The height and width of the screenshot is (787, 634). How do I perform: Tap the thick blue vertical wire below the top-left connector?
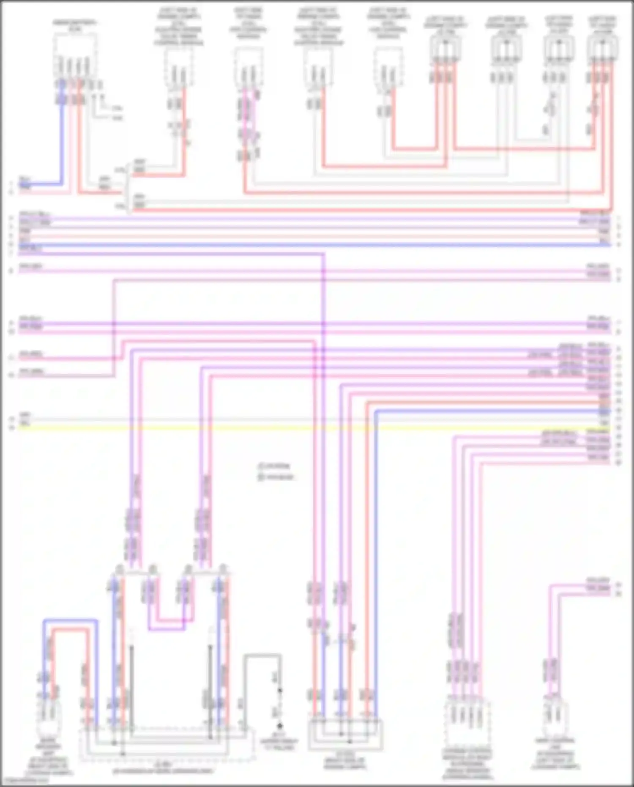click(x=63, y=140)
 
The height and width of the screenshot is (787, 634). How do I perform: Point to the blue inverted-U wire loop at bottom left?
click(x=70, y=621)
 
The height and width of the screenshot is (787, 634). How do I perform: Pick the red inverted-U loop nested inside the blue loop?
click(x=70, y=630)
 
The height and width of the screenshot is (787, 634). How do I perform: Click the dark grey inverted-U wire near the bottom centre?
click(x=262, y=656)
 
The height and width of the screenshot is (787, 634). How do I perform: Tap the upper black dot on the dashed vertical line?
click(x=279, y=691)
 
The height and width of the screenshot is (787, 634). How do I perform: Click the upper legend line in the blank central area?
click(x=275, y=466)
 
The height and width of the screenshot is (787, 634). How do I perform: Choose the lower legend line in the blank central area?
click(x=276, y=477)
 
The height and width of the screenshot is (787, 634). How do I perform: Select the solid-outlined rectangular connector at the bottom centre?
click(x=345, y=735)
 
